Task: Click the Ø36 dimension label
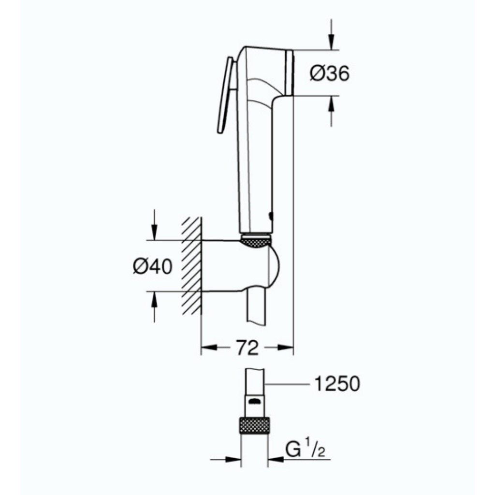pyautogui.click(x=330, y=73)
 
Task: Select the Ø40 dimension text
pyautogui.click(x=152, y=266)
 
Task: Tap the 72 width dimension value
pyautogui.click(x=247, y=348)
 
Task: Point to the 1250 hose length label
pyautogui.click(x=337, y=384)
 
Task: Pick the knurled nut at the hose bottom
pyautogui.click(x=254, y=425)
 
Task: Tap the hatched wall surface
pyautogui.click(x=191, y=266)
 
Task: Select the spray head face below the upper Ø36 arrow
pyautogui.click(x=289, y=73)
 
